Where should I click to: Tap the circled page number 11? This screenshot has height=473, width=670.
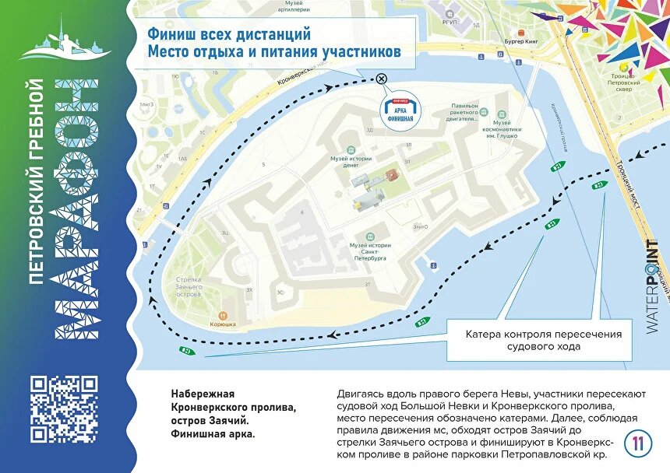(638, 443)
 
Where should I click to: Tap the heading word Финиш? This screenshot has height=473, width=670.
(169, 35)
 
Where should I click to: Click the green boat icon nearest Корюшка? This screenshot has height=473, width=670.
(188, 351)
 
